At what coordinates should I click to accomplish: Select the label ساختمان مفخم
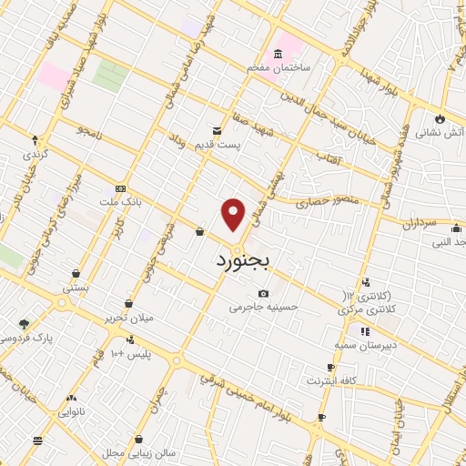pos(277,67)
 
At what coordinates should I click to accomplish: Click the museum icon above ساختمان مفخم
pos(278,54)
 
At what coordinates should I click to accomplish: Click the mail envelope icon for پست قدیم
pos(217,131)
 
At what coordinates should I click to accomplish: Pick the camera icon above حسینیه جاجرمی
pos(263,293)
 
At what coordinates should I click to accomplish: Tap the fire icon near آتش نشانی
pos(441,118)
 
